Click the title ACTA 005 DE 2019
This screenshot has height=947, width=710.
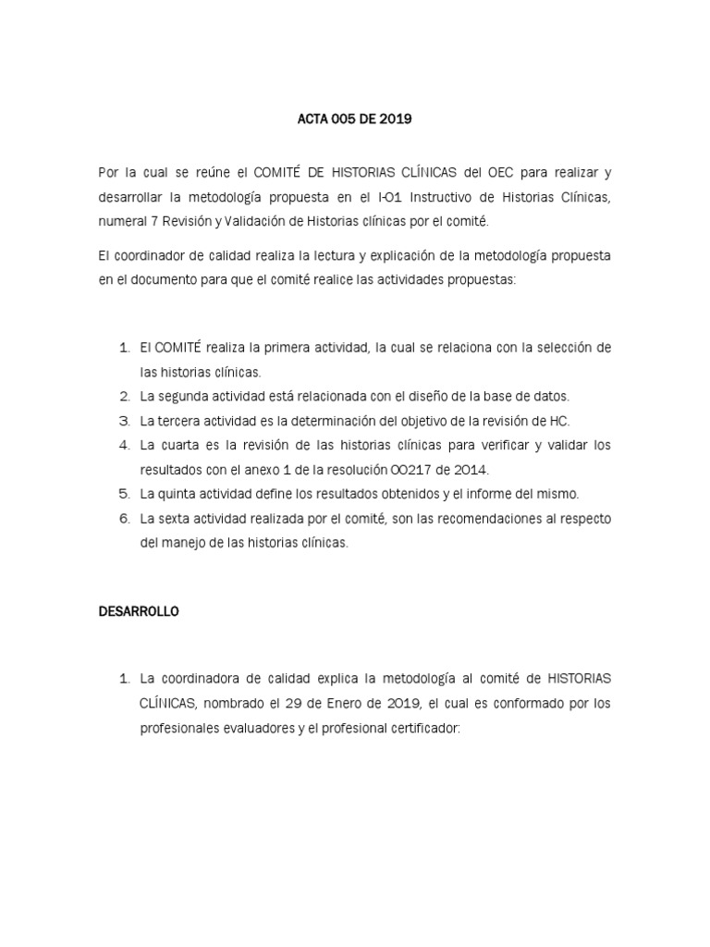pos(355,118)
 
